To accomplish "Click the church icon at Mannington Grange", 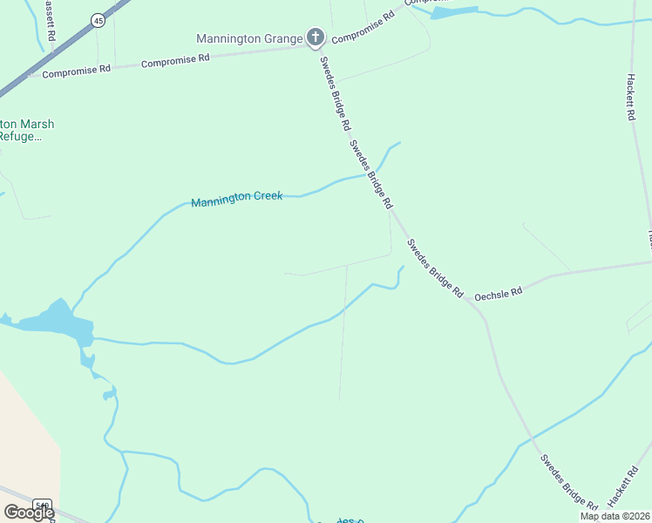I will pyautogui.click(x=316, y=37).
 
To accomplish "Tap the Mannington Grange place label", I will pyautogui.click(x=249, y=38).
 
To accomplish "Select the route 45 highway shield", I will pyautogui.click(x=98, y=20).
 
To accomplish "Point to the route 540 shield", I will pyautogui.click(x=42, y=505).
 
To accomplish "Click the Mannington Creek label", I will pyautogui.click(x=237, y=198).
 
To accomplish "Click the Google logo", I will pyautogui.click(x=28, y=513).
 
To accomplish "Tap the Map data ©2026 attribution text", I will pyautogui.click(x=615, y=516).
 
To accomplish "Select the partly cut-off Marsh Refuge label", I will pyautogui.click(x=26, y=130).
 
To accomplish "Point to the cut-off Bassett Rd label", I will pyautogui.click(x=50, y=14).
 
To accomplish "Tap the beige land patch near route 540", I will pyautogui.click(x=26, y=436).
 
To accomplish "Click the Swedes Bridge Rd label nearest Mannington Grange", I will pyautogui.click(x=334, y=92).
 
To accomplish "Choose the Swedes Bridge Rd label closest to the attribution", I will pyautogui.click(x=568, y=481).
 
